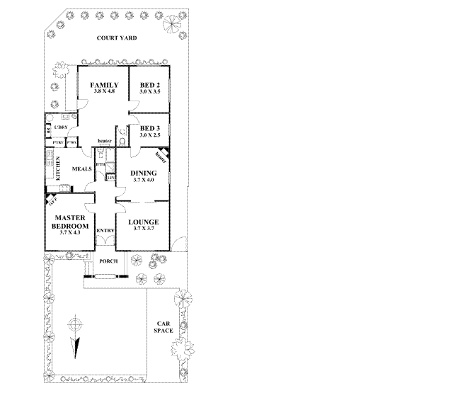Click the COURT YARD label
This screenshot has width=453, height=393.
click(x=117, y=38)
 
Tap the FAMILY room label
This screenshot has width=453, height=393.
click(x=103, y=85)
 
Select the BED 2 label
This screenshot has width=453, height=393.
click(x=149, y=85)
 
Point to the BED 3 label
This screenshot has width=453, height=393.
click(x=150, y=129)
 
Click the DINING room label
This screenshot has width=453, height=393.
click(x=144, y=173)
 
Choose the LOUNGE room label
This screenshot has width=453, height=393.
click(x=143, y=222)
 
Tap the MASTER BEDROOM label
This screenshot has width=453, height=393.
click(x=71, y=222)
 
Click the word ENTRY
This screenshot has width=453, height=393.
click(x=105, y=231)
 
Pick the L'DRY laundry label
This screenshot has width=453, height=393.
click(x=60, y=127)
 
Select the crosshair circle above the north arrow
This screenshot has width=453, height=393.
click(x=73, y=326)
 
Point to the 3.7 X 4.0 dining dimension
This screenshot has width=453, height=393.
click(x=144, y=180)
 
